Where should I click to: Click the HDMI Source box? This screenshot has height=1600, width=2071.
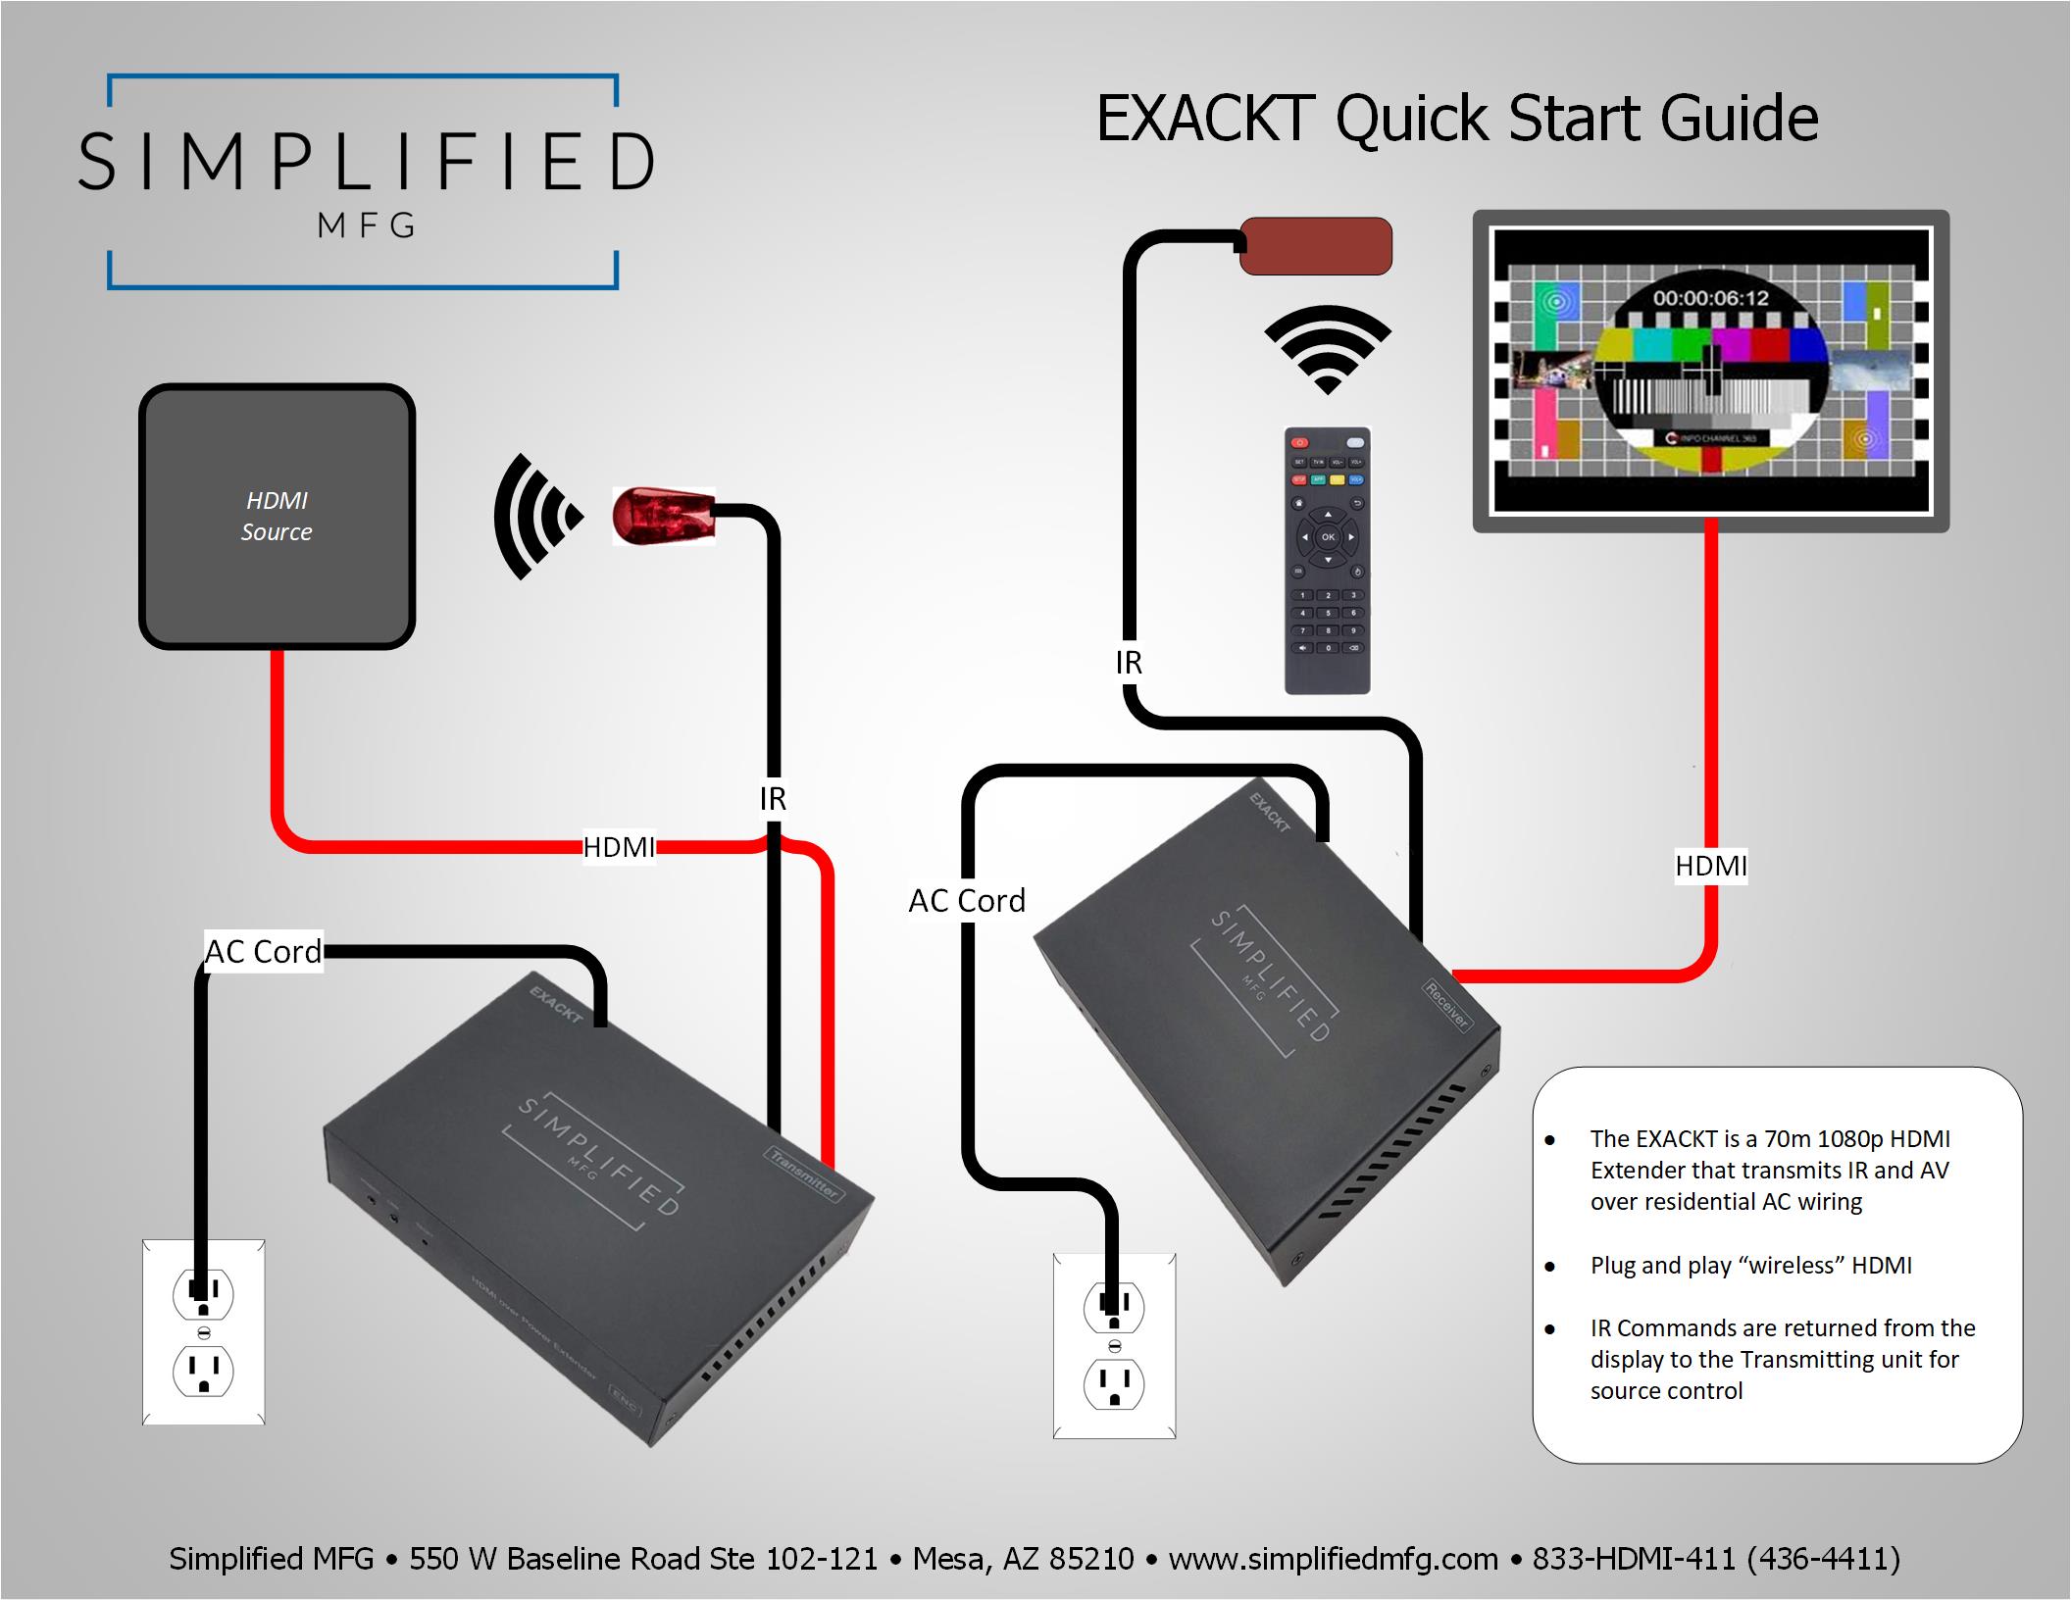pos(277,516)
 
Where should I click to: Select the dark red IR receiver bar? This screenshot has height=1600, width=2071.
pos(1316,246)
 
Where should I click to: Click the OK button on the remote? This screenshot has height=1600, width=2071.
pos(1328,537)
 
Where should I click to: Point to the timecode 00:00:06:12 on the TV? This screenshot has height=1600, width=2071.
pos(1710,298)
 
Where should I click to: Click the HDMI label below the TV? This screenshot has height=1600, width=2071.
pos(1710,866)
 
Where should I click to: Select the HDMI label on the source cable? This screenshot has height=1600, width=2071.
pos(619,847)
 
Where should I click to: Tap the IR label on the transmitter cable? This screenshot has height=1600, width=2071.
pos(773,799)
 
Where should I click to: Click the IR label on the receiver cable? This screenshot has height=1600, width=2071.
pos(1129,664)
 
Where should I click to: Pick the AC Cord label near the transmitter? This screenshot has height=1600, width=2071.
pos(263,952)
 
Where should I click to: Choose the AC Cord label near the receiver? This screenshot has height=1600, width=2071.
pos(967,901)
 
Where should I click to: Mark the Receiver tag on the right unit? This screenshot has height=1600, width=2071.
pos(1447,1005)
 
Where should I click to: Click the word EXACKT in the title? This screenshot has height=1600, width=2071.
pos(1205,120)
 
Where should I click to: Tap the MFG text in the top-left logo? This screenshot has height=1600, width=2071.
pos(367,226)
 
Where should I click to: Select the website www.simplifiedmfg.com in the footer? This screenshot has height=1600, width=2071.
pos(1334,1559)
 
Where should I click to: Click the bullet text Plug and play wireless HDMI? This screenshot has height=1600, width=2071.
pos(1750,1266)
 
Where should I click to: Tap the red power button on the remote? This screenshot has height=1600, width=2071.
pos(1300,443)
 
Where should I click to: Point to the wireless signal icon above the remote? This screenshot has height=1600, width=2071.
pos(1328,349)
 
